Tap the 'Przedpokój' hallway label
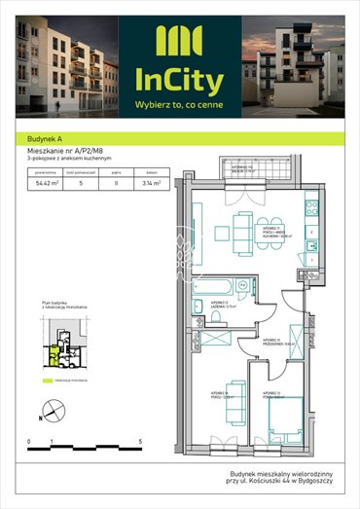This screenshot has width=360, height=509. tap(276, 341)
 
